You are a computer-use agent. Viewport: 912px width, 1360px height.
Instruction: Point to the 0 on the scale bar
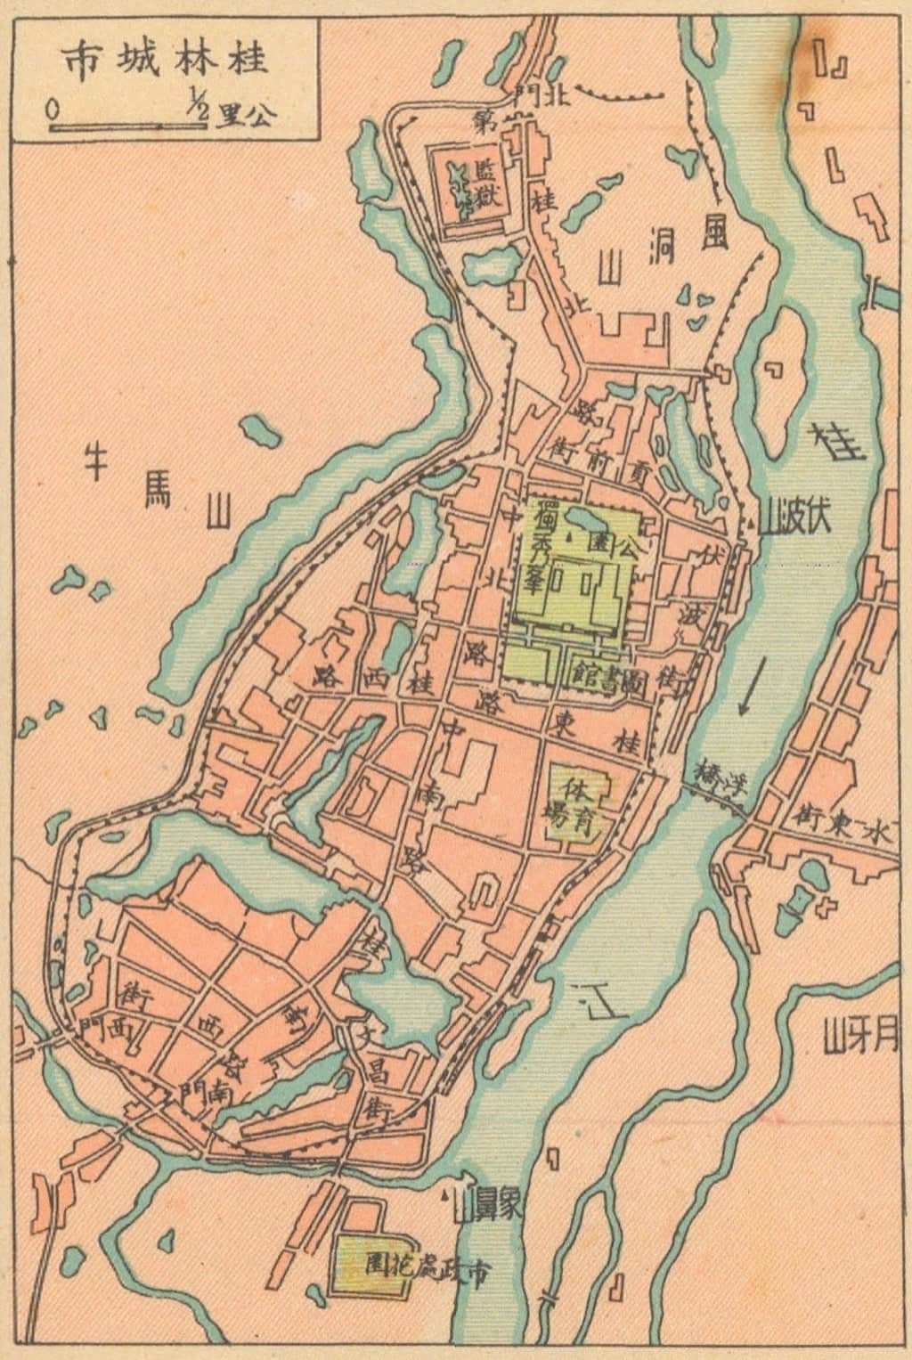click(x=54, y=110)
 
